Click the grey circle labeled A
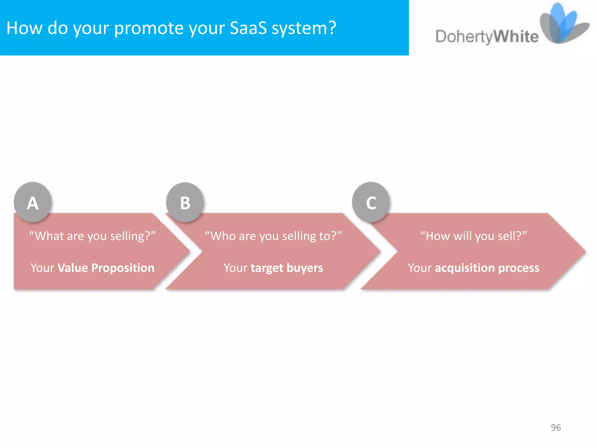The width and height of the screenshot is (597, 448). click(33, 202)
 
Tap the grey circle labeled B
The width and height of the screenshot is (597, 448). click(185, 202)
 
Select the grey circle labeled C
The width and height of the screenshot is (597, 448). click(371, 202)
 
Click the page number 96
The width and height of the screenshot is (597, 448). click(556, 427)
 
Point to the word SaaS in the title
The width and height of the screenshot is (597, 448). click(248, 28)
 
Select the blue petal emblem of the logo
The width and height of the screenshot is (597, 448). click(564, 23)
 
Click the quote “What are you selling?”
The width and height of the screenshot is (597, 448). click(92, 236)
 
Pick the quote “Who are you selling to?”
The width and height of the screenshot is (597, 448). click(273, 236)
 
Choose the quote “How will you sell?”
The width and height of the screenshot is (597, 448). click(473, 236)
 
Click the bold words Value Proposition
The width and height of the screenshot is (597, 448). click(106, 268)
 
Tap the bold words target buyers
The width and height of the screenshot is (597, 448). click(287, 268)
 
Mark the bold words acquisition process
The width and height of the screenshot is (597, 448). click(487, 268)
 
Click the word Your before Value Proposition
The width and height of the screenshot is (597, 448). click(43, 268)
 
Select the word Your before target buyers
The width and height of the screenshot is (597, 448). click(236, 268)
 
